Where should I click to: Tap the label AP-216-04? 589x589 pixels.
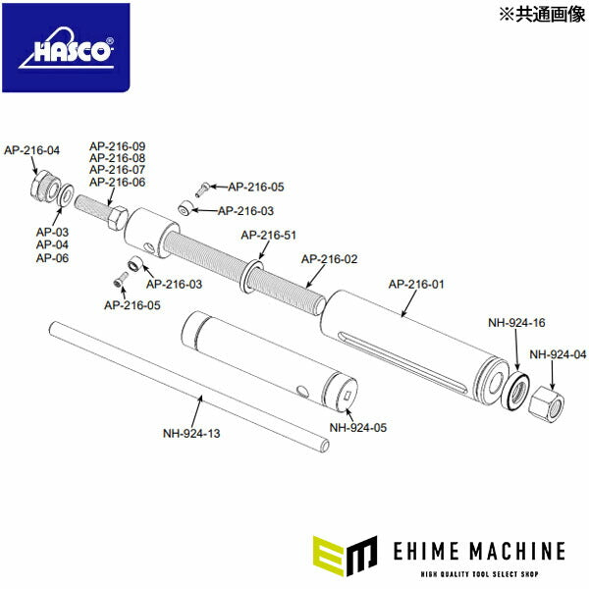[x=31, y=150]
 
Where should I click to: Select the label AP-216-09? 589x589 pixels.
[x=117, y=146]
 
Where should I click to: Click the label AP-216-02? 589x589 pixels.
[x=329, y=259]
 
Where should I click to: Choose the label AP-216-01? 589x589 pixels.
[x=416, y=285]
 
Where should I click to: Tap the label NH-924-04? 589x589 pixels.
[x=557, y=354]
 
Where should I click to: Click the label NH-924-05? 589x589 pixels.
[x=357, y=427]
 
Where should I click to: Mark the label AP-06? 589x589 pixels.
[x=52, y=257]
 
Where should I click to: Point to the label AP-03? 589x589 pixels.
[x=52, y=232]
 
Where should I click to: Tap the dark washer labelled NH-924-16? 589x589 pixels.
[x=514, y=390]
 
